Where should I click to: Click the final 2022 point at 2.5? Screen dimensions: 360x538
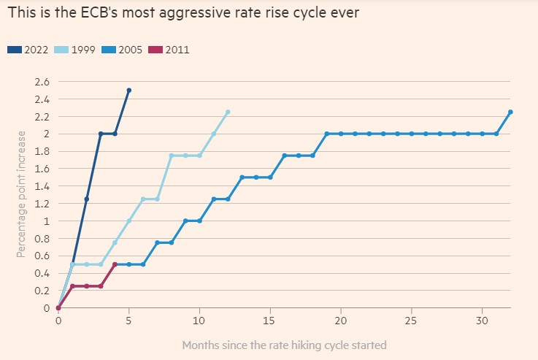[x=129, y=91]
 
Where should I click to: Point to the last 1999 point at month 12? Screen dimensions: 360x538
[x=228, y=112]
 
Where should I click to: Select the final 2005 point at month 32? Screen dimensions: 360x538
[x=510, y=112]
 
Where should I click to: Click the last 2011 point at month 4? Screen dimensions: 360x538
[x=115, y=264]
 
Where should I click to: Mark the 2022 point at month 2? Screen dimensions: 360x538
[x=86, y=199]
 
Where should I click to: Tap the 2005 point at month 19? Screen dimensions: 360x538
[x=327, y=134]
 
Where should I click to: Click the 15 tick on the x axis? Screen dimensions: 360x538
[x=270, y=321]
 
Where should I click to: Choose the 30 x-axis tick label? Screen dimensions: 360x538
[x=482, y=321]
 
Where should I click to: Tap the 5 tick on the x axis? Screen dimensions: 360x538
[x=129, y=321]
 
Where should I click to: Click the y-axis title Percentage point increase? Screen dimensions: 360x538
[x=22, y=194]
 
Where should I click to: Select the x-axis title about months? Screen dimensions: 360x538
[x=284, y=344]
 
